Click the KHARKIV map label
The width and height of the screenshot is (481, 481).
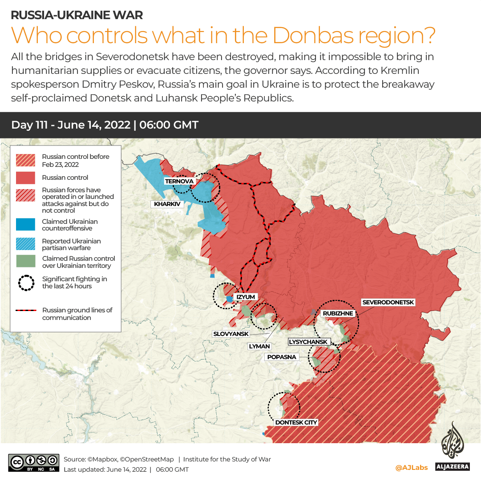(x=167, y=204)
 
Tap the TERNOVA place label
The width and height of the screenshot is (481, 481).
(x=179, y=181)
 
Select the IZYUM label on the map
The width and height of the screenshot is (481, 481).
(x=246, y=297)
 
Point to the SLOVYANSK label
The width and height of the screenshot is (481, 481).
(x=231, y=334)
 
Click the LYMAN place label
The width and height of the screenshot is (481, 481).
(x=259, y=346)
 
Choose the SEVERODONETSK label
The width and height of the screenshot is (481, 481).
(x=388, y=303)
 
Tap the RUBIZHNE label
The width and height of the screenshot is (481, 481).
(x=338, y=314)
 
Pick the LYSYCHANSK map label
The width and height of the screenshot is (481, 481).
(x=308, y=342)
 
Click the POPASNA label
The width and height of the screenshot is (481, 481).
(x=281, y=357)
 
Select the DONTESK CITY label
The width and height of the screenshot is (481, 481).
(x=296, y=422)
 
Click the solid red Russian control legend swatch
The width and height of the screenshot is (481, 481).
(x=25, y=178)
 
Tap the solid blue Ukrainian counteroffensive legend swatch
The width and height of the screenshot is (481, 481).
(x=25, y=225)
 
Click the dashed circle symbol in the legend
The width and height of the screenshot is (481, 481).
(x=26, y=283)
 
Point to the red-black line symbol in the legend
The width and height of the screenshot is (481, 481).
(x=26, y=311)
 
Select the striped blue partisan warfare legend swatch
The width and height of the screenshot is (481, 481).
(x=25, y=244)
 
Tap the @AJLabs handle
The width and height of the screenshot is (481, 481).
(x=411, y=467)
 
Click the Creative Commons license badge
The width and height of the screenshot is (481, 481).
(x=33, y=462)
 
